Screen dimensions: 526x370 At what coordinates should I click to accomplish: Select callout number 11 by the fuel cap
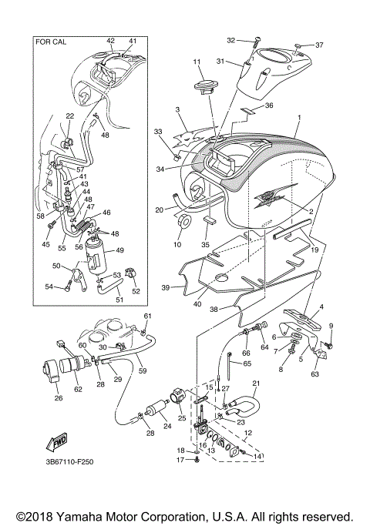197,62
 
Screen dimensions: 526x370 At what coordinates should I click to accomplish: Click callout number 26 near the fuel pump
58,398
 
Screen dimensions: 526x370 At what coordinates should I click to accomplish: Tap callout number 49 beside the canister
119,250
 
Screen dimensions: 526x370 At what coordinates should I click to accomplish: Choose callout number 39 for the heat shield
164,289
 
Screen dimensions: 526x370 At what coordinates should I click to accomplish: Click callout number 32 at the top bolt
231,39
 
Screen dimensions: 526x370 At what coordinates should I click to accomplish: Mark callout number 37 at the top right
320,44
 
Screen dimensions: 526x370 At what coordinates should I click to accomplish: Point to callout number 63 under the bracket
314,376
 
